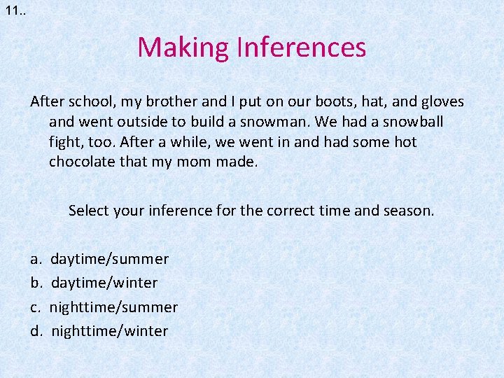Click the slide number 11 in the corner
[12, 10]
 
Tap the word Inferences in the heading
[302, 48]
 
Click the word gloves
[440, 101]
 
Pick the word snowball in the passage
[412, 122]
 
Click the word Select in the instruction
[90, 210]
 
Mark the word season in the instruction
[408, 210]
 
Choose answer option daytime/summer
[110, 259]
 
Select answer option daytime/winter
[104, 283]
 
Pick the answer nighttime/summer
[114, 307]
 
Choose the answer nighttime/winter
[109, 331]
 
